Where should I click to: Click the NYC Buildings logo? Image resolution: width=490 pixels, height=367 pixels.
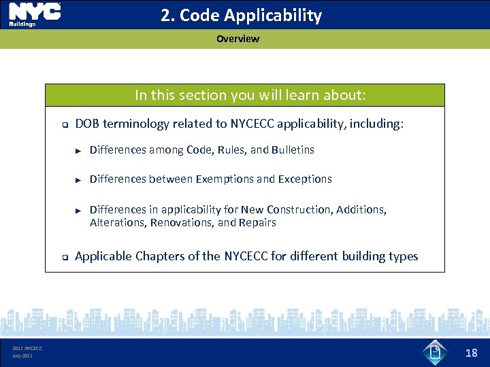pyautogui.click(x=34, y=14)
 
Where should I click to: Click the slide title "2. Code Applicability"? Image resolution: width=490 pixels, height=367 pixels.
pyautogui.click(x=241, y=16)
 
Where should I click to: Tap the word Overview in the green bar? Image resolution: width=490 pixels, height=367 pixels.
pyautogui.click(x=238, y=39)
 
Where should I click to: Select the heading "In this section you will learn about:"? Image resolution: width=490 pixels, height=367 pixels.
pyautogui.click(x=250, y=95)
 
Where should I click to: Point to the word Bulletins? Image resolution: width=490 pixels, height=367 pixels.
pyautogui.click(x=293, y=150)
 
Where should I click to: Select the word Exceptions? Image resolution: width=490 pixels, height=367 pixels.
pyautogui.click(x=305, y=179)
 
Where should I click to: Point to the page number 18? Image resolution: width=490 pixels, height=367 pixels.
pyautogui.click(x=471, y=353)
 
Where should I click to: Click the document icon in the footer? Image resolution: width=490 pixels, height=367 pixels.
pyautogui.click(x=435, y=352)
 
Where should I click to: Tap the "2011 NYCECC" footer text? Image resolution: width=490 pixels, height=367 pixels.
pyautogui.click(x=27, y=348)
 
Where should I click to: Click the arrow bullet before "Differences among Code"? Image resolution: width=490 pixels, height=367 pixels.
pyautogui.click(x=78, y=150)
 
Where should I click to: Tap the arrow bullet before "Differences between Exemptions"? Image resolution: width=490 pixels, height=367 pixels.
pyautogui.click(x=78, y=180)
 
